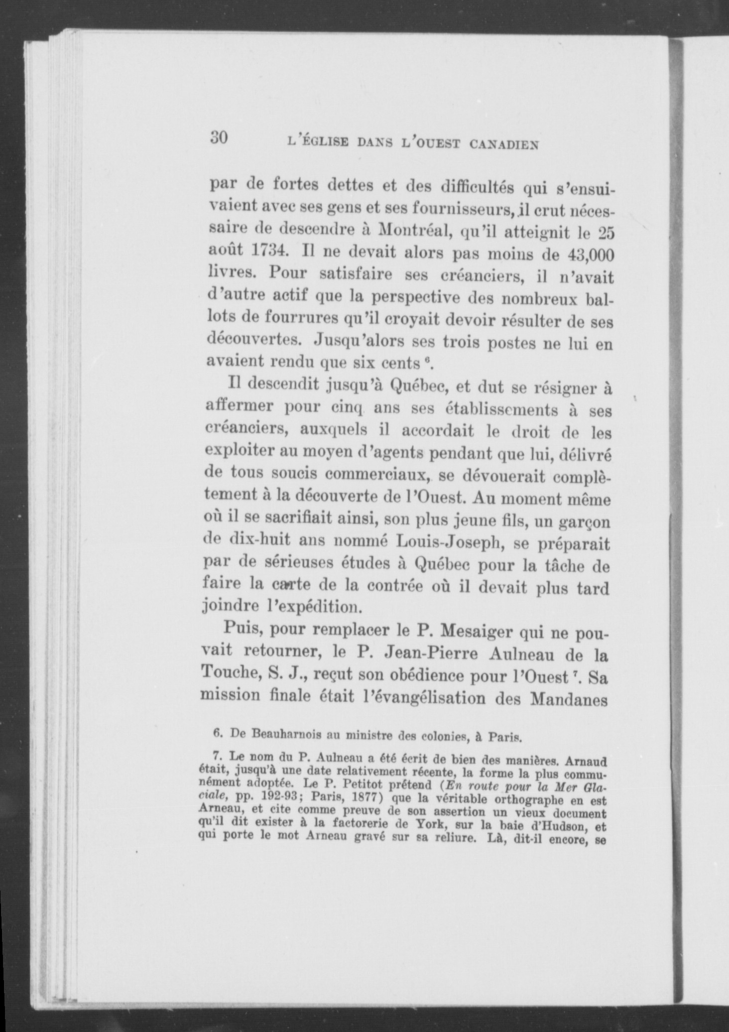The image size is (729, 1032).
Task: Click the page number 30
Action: coord(219,137)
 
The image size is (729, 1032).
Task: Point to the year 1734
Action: coord(268,253)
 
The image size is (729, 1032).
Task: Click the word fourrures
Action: coord(311,318)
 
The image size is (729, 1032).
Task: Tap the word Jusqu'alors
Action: coord(362,341)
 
